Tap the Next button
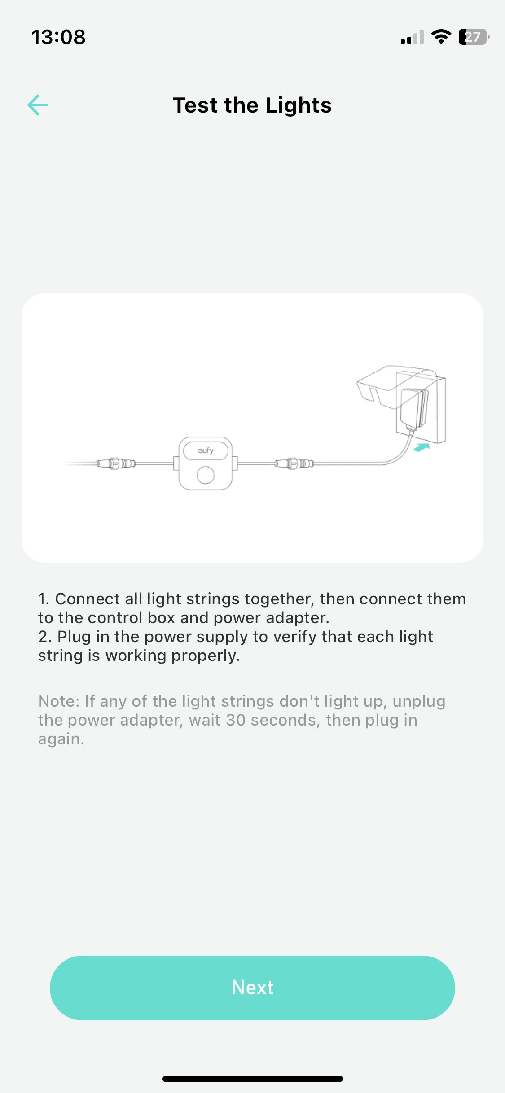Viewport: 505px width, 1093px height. [x=252, y=988]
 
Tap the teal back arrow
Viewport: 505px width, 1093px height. [x=38, y=105]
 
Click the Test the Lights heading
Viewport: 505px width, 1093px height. [x=252, y=105]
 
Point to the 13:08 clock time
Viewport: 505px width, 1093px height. [x=58, y=37]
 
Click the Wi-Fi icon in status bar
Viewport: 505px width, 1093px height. [x=441, y=37]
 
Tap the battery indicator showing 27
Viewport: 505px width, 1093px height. [x=474, y=37]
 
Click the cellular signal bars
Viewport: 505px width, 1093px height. [x=412, y=37]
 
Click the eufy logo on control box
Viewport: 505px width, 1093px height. [x=206, y=450]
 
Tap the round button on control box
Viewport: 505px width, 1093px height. [x=206, y=475]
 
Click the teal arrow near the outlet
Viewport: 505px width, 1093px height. [x=422, y=447]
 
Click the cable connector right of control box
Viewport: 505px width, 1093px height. [x=294, y=463]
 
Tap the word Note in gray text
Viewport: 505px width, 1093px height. [x=58, y=701]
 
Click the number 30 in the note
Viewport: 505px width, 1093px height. [x=236, y=720]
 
